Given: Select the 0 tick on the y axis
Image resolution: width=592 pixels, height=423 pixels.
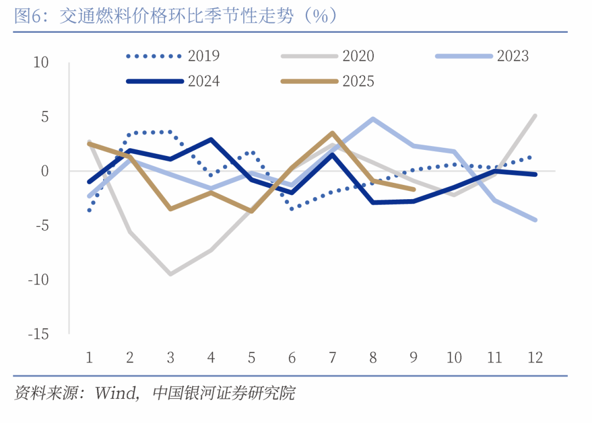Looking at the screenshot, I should click(44, 171).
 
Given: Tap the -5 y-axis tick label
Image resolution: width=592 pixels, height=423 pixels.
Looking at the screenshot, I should click(41, 225).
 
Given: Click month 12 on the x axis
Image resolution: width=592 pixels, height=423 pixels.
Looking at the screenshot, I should click(535, 358).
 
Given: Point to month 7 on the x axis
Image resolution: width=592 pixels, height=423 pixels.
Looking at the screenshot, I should click(333, 358).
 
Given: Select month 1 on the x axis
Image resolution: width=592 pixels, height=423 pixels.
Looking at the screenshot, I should click(89, 358).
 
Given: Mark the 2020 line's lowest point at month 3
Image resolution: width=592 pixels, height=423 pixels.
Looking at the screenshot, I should click(170, 274).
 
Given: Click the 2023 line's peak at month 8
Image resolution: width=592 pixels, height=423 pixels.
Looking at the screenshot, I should click(373, 119).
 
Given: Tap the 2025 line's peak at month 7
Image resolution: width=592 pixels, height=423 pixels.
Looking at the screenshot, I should click(333, 133).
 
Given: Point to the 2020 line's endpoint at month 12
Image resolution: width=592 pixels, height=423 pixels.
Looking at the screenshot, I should click(535, 115).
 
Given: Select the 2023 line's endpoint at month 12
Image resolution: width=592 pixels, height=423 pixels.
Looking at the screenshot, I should click(535, 220).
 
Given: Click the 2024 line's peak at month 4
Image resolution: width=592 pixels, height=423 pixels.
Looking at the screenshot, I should click(211, 140).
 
